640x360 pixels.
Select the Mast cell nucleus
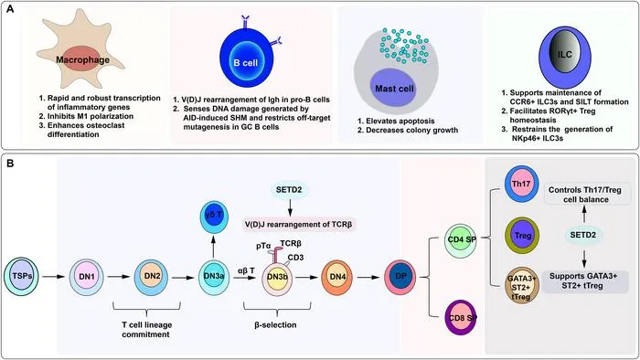click(393, 88)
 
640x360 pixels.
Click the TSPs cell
click(21, 277)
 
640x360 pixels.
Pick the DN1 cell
click(87, 277)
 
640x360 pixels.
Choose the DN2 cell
click(152, 277)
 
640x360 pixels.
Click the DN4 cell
click(337, 278)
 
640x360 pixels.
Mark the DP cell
click(400, 277)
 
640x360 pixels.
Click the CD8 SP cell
click(461, 317)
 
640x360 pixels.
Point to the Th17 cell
click(522, 185)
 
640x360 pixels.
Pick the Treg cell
click(522, 236)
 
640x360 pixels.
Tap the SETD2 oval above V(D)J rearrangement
click(290, 190)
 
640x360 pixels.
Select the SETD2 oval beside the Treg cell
click(583, 235)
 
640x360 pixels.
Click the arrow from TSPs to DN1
click(54, 277)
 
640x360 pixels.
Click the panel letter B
click(10, 164)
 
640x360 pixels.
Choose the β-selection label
click(275, 325)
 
